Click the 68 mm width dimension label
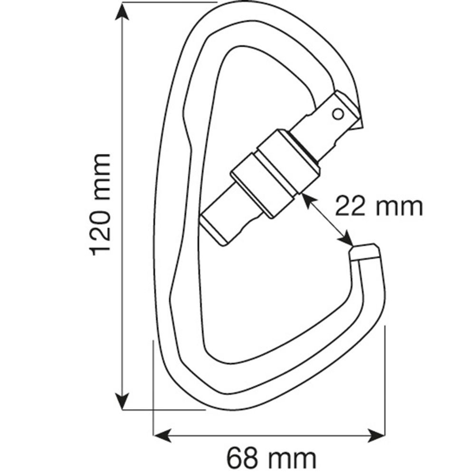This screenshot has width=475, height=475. coord(271,458)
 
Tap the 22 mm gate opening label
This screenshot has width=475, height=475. coord(379,206)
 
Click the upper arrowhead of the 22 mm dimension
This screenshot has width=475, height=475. coord(307,200)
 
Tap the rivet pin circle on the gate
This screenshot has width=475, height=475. coord(338,114)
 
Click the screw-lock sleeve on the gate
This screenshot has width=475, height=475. coord(274,173)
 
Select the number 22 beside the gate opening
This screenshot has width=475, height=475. coord(351,206)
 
